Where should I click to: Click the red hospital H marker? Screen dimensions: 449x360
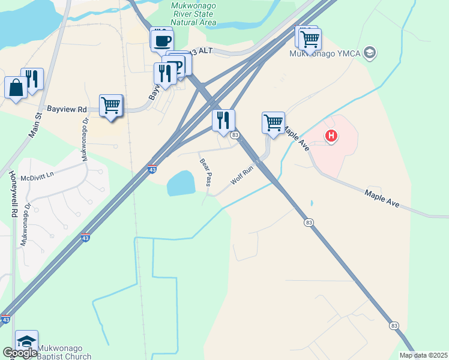pyautogui.click(x=331, y=136)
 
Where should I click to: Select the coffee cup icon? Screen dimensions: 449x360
pyautogui.click(x=163, y=41)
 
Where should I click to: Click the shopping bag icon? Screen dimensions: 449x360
pyautogui.click(x=16, y=88)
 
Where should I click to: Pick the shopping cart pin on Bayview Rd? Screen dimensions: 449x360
pyautogui.click(x=111, y=106)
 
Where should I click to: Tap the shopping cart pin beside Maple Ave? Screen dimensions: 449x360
pyautogui.click(x=274, y=122)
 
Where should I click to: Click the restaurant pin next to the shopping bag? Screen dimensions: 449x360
pyautogui.click(x=33, y=79)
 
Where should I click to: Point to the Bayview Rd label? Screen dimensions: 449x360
pyautogui.click(x=66, y=110)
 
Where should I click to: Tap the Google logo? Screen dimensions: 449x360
pyautogui.click(x=20, y=353)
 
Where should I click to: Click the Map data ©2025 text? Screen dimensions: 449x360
pyautogui.click(x=423, y=355)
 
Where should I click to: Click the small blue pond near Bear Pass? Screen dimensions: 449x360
pyautogui.click(x=181, y=183)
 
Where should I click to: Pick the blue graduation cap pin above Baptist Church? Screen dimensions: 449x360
pyautogui.click(x=26, y=341)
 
